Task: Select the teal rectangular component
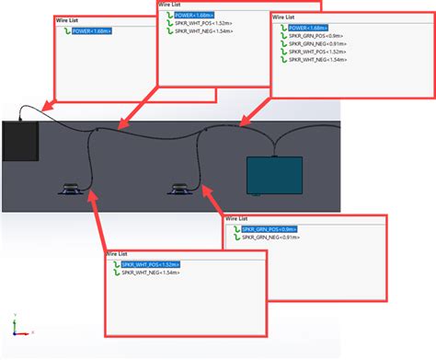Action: (274, 174)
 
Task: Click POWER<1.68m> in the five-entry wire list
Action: (304, 28)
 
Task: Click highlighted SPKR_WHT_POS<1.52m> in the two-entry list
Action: (150, 264)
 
